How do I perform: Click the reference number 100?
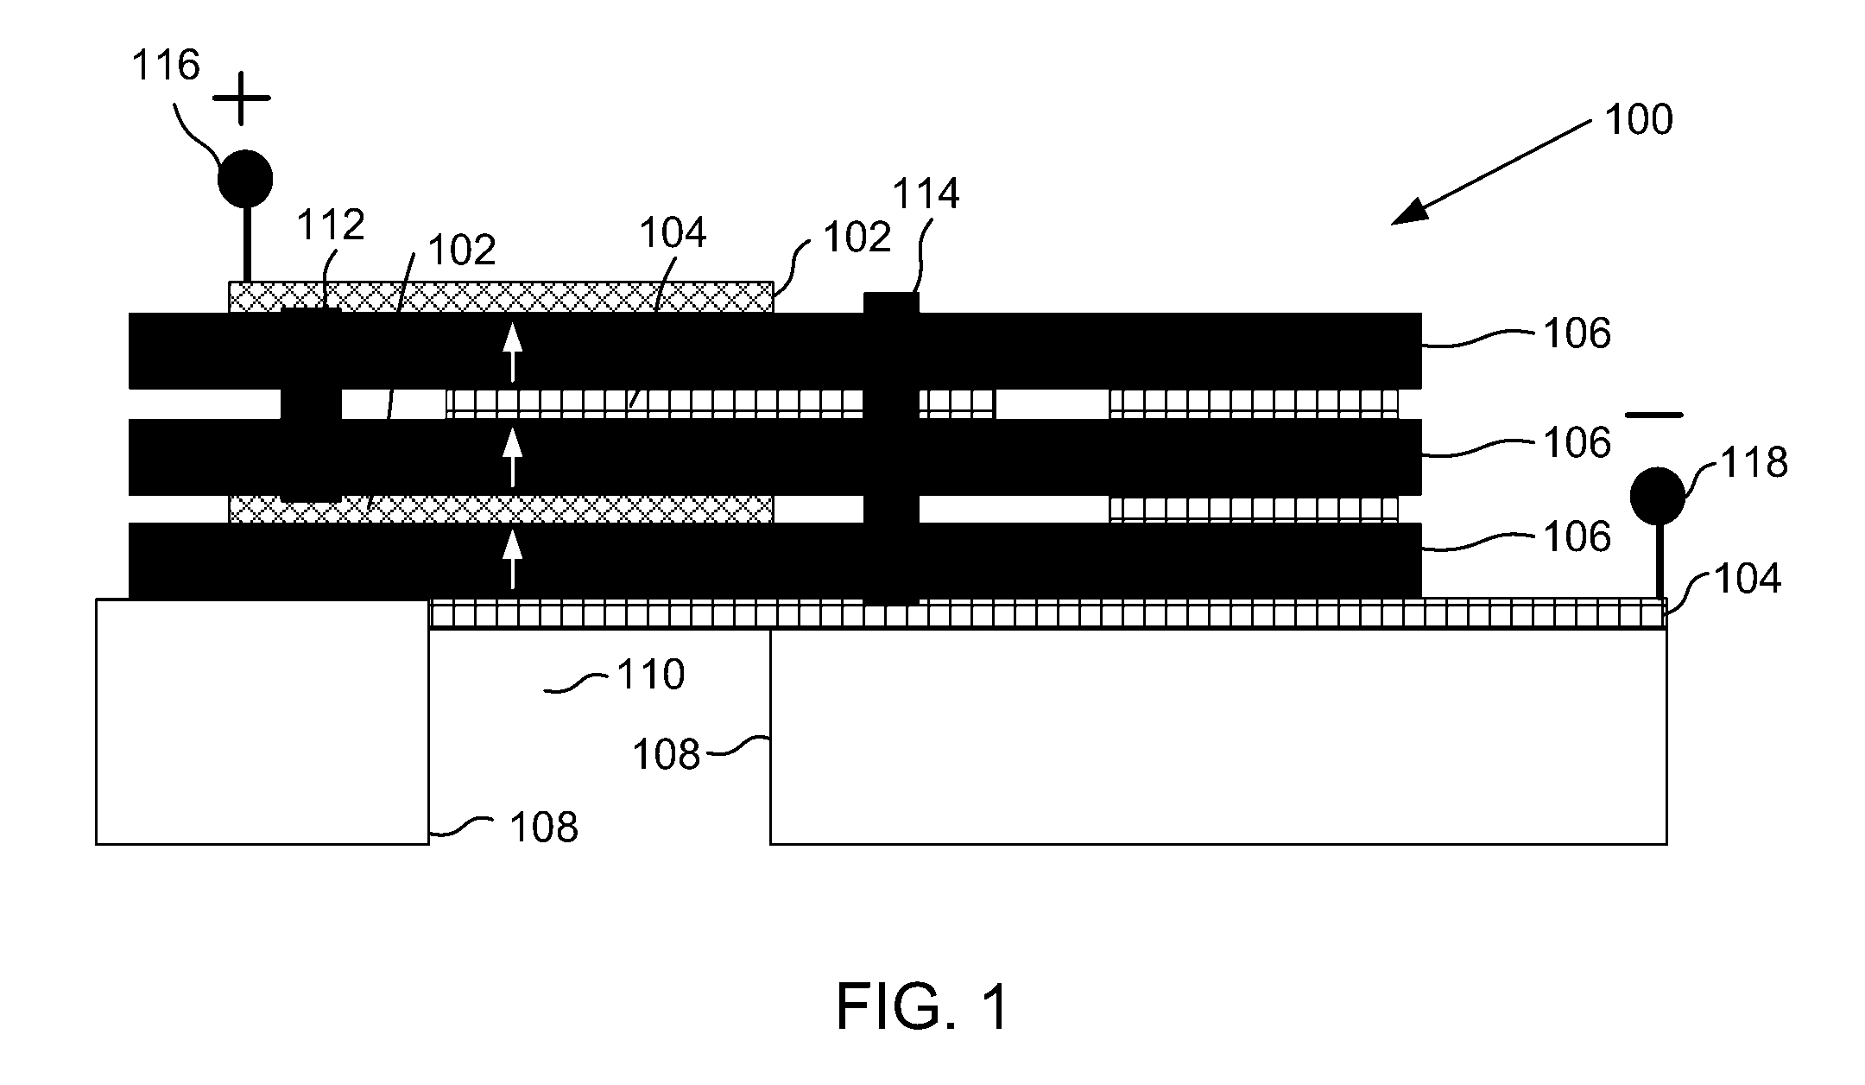tap(1638, 120)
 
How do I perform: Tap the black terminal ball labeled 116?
tap(245, 179)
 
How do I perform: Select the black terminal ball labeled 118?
tap(1657, 496)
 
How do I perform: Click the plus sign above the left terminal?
tap(242, 98)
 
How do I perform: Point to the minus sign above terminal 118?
tap(1654, 416)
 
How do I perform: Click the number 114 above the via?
tap(926, 194)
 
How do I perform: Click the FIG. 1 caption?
tap(922, 1007)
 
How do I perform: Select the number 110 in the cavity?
tap(650, 674)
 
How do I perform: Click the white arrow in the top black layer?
tap(513, 352)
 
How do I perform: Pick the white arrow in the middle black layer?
tap(513, 456)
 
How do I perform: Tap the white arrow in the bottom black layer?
tap(513, 559)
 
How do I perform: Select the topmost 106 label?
tap(1577, 334)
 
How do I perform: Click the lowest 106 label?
tap(1577, 536)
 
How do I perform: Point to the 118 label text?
tap(1754, 463)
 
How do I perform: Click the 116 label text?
tap(166, 65)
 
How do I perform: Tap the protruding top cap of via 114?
tap(892, 302)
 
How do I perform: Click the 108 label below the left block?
tap(544, 828)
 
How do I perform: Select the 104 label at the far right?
tap(1748, 578)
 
